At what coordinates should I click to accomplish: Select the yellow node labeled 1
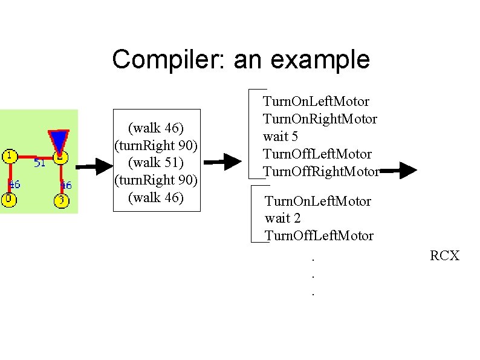point(10,156)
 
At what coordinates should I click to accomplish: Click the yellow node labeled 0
point(8,199)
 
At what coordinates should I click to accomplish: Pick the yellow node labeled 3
point(61,200)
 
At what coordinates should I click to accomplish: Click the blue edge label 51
point(39,163)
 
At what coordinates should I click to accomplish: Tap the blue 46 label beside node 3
point(66,185)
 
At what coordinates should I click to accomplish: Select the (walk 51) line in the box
point(157,163)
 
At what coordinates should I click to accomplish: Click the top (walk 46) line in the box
point(157,128)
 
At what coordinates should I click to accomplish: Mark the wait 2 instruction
point(282,218)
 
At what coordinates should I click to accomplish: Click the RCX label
point(444,256)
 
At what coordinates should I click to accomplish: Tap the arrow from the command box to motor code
point(222,162)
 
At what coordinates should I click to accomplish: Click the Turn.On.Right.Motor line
point(320,119)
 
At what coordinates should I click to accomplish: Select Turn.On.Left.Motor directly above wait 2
point(318,201)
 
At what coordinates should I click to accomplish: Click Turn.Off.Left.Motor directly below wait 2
point(319,235)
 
